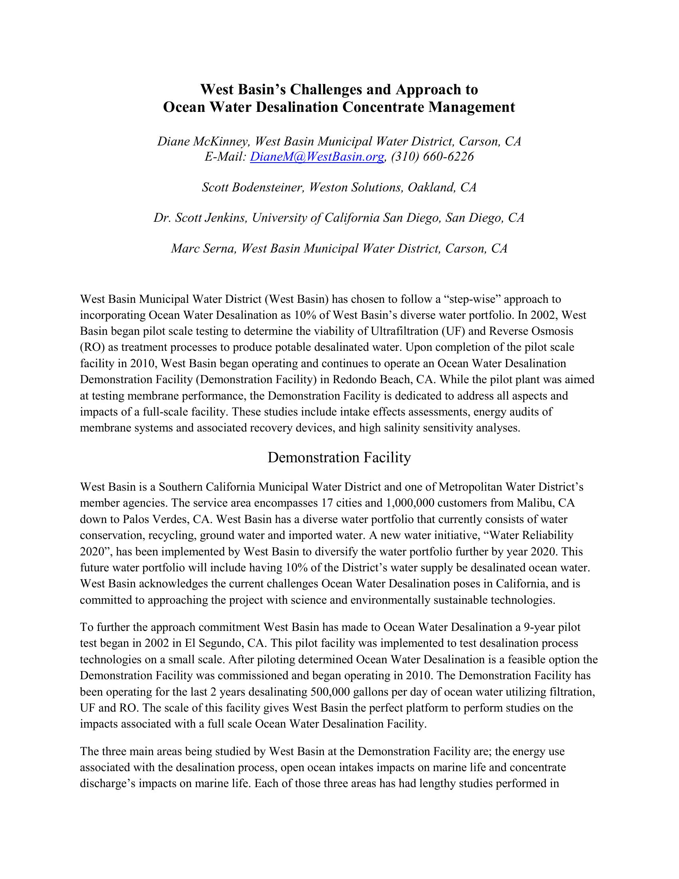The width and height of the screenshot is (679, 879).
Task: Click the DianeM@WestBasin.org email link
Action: coord(317,157)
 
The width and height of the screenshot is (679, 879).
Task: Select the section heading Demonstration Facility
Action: coord(339,457)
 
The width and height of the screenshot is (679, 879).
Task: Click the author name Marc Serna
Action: coord(203,249)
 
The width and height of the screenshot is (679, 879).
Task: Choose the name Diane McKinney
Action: coord(203,141)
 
